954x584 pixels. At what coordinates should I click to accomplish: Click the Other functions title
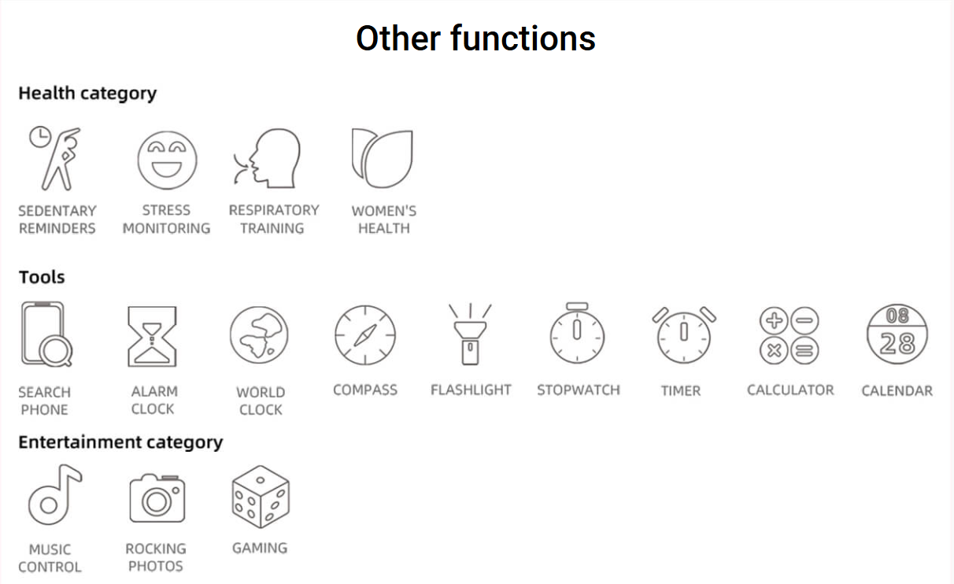pos(475,39)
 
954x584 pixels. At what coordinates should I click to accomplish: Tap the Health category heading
pos(87,94)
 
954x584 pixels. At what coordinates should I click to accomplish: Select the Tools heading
pos(42,277)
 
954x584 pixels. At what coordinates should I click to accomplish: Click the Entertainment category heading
pos(120,442)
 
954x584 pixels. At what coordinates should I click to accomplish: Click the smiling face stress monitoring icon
pos(167,160)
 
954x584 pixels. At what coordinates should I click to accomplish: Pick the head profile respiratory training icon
pos(268,158)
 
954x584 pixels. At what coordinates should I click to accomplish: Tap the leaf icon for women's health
pos(382,158)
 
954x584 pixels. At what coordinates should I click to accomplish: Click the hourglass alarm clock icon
pos(152,337)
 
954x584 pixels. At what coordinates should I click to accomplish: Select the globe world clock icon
pos(259,335)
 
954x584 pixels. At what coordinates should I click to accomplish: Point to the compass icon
pos(365,335)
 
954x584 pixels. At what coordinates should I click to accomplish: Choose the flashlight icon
pos(470,335)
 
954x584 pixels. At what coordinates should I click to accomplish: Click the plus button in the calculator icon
pos(774,320)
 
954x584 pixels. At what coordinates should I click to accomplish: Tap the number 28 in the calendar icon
pos(897,343)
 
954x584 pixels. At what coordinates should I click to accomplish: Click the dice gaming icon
pos(261,497)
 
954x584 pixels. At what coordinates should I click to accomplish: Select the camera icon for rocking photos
pos(157,498)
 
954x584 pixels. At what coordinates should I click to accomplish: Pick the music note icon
pos(54,494)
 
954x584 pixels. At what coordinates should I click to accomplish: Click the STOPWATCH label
pos(579,390)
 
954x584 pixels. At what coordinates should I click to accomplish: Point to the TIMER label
pos(681,390)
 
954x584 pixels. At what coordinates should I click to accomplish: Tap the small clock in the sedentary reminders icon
pos(40,137)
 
